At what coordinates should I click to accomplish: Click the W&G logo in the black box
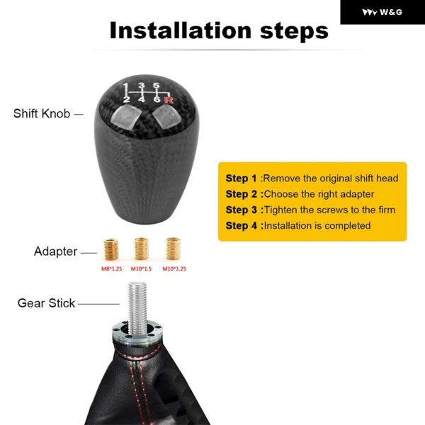382,12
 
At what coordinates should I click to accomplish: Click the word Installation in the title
181,30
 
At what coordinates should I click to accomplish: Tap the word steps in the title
294,33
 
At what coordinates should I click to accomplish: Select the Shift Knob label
42,113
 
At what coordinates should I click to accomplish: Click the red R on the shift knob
169,100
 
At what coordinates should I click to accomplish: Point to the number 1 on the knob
125,87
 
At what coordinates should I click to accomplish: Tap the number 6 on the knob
157,99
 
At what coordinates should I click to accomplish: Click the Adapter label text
55,251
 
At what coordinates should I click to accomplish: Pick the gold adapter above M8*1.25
111,249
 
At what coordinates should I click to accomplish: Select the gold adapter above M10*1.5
141,249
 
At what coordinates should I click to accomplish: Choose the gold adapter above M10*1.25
173,249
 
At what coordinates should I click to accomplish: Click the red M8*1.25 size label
111,268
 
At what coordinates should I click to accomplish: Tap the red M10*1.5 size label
141,268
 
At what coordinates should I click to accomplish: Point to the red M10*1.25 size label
174,268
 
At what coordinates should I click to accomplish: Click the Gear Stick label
46,303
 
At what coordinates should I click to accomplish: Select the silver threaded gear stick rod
137,308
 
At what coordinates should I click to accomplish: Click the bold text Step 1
241,178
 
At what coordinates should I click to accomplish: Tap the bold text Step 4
241,225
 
